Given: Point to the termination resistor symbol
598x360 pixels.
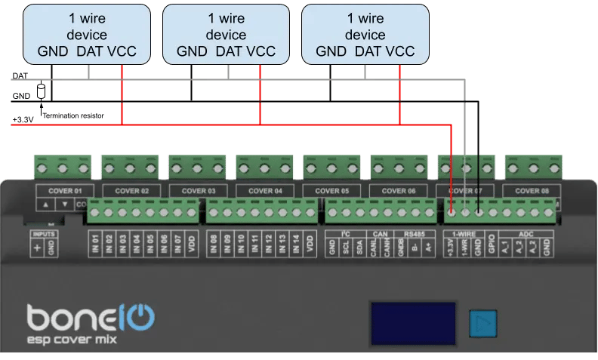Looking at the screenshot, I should click(42, 91).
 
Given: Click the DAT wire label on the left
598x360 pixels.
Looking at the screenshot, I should click(20, 76).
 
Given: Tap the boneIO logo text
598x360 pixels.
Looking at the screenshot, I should click(91, 315).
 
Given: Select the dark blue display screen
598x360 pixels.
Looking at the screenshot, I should click(412, 324).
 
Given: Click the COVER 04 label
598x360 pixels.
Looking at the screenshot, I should click(264, 191).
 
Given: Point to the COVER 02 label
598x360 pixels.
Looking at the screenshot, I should click(129, 191).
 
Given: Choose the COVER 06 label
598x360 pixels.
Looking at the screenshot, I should click(400, 191).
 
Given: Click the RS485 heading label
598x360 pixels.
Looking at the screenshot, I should click(415, 235).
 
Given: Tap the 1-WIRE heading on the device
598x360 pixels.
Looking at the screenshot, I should click(463, 235).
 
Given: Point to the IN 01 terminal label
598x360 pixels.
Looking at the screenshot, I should click(96, 244).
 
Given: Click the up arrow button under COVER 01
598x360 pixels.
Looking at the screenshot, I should click(46, 205).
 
